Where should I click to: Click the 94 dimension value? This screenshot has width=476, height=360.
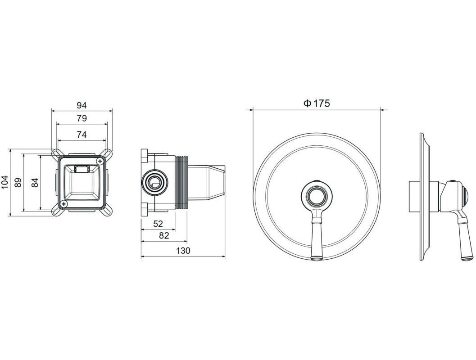pyautogui.click(x=82, y=105)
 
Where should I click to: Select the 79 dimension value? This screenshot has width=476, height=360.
pyautogui.click(x=82, y=118)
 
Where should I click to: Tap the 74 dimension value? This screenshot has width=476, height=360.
pyautogui.click(x=82, y=135)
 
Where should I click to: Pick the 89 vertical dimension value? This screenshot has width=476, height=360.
pyautogui.click(x=18, y=182)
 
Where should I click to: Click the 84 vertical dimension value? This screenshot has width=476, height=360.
pyautogui.click(x=35, y=182)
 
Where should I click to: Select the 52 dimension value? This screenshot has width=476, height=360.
pyautogui.click(x=158, y=224)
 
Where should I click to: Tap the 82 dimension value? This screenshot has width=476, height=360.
pyautogui.click(x=164, y=236)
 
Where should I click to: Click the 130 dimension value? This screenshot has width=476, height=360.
pyautogui.click(x=183, y=251)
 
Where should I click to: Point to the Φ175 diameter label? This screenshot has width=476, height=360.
pyautogui.click(x=317, y=103)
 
